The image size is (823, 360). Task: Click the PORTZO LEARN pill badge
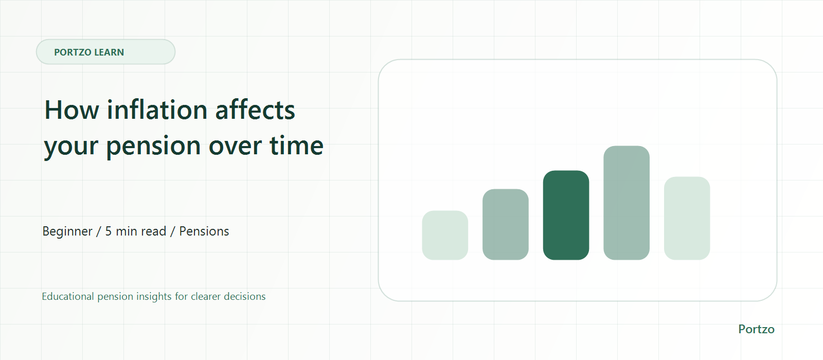click(x=105, y=52)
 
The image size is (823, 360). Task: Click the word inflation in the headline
click(x=157, y=110)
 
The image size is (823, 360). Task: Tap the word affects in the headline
click(x=255, y=110)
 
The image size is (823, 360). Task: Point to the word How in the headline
click(x=71, y=110)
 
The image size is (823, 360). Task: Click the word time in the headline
click(x=296, y=145)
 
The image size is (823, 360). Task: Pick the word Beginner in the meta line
click(x=67, y=231)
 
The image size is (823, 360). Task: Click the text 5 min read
click(x=136, y=231)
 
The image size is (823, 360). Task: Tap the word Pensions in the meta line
click(x=204, y=231)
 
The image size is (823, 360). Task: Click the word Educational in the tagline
click(x=67, y=296)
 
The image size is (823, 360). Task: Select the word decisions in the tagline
click(x=244, y=296)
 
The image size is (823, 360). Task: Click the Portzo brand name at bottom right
click(x=756, y=329)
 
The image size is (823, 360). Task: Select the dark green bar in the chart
click(x=566, y=215)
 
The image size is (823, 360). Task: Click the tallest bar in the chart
click(x=627, y=203)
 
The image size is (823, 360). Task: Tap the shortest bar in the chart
click(x=445, y=235)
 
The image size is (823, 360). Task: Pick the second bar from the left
click(x=506, y=224)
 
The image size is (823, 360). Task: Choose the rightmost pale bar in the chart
click(x=687, y=218)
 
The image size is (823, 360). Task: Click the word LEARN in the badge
click(x=109, y=52)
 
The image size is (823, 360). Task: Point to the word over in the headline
click(x=235, y=146)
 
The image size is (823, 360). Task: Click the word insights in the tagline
click(x=154, y=296)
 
